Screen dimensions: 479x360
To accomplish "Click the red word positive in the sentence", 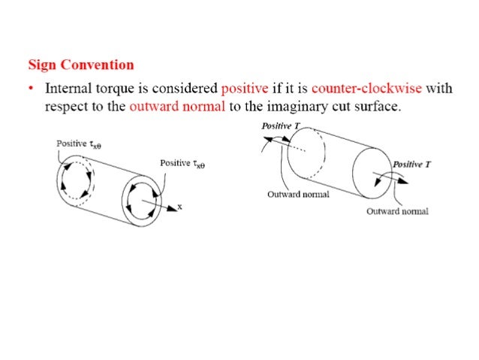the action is coord(245,88).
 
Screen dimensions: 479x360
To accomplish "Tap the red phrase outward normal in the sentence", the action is coord(177,106).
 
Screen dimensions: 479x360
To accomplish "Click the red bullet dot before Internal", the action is coord(31,89).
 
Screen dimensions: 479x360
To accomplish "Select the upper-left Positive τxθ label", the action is coord(79,143).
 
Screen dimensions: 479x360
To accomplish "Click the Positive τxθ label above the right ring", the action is coord(183,163).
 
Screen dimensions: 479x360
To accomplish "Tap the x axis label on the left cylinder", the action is coord(179,205).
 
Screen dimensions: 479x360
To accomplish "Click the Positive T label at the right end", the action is coord(411,164).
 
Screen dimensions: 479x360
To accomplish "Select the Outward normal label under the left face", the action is coord(297,194).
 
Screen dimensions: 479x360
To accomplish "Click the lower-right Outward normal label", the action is coord(397,211).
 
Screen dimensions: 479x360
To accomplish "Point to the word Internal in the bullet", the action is coord(68,88).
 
